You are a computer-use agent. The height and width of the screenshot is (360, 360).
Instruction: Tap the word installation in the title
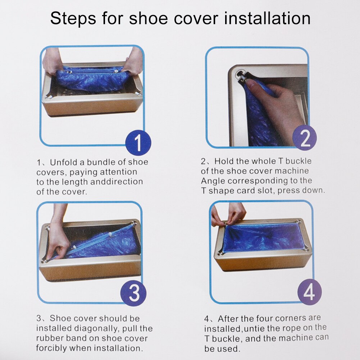268,18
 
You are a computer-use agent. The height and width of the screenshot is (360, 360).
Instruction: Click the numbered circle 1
138,143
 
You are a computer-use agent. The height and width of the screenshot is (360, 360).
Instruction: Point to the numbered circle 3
133,293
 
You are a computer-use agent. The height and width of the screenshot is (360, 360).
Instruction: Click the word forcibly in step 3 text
52,348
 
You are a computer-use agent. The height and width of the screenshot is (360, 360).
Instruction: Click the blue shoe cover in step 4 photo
263,237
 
